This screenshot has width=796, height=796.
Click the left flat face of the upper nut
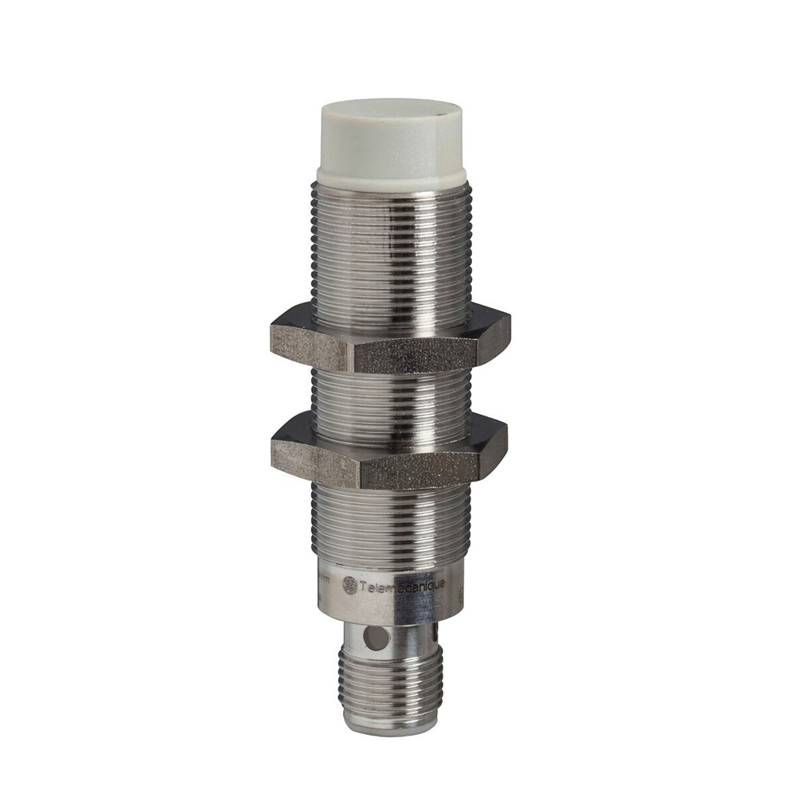pos(310,342)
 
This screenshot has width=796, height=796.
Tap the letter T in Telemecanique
pos(363,585)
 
